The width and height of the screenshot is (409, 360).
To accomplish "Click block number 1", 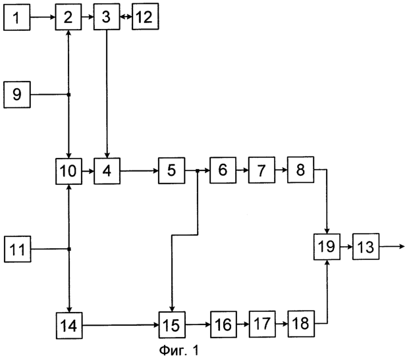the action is pos(16,18).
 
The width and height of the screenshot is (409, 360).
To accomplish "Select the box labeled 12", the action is pos(146,16).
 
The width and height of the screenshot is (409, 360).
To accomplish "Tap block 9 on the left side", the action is pos(17,95).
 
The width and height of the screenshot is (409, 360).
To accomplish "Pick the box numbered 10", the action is pos(69,171).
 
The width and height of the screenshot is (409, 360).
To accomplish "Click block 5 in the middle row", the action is pos(172,170).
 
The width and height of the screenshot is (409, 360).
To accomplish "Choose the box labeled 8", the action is pos(301,170).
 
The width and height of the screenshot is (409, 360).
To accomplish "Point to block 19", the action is pos(327,247).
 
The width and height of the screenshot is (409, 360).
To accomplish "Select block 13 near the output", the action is pos(366,247).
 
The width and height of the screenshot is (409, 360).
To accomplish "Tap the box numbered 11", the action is pos(18,249).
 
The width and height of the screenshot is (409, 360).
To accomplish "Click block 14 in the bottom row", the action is pos(69,326).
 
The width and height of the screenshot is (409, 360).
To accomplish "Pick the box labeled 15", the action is pos(172,325).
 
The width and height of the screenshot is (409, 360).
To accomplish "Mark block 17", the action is pos(262,324).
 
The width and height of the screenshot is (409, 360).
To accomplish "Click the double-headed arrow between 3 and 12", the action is pos(126,16).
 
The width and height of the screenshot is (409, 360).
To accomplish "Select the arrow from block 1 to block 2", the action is pos(43,17).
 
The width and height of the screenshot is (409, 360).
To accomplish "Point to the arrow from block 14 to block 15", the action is pos(121,325).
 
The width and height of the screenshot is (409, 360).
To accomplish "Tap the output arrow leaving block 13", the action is pos(392,246).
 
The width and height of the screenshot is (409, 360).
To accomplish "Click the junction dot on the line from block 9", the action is pos(69,95).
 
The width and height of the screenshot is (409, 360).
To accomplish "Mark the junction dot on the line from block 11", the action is pos(69,249).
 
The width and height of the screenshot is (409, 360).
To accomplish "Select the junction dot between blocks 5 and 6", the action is pos(198,170).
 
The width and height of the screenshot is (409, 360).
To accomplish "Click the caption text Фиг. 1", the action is pos(179,350).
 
